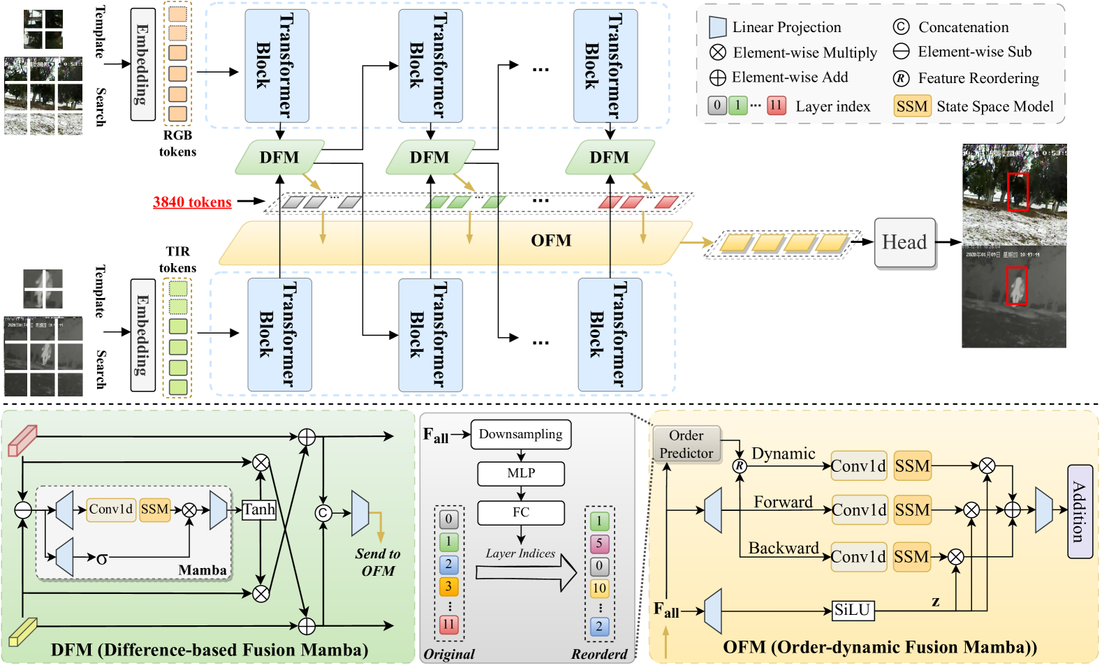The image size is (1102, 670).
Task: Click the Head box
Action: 904,242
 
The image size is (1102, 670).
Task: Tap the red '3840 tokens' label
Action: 192,202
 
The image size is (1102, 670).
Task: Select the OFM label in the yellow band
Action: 551,241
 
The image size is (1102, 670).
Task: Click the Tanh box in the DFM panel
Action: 259,509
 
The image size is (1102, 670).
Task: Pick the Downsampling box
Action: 521,434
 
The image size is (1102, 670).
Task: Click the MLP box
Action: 521,473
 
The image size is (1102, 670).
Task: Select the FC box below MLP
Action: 521,512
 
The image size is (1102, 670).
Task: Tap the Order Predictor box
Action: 686,444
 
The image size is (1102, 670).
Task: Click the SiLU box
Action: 853,611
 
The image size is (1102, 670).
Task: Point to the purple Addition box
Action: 1080,512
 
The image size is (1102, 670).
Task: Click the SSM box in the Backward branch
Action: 912,557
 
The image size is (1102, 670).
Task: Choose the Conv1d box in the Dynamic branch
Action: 858,466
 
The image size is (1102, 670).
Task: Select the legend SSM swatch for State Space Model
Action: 912,106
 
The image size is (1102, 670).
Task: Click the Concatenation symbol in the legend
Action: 901,27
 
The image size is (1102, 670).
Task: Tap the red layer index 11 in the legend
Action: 776,105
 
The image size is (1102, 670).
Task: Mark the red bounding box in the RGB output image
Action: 1017,191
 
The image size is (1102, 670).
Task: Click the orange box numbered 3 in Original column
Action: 448,587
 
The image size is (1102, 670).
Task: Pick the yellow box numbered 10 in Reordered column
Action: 599,588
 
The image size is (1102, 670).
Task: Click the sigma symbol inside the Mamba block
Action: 102,558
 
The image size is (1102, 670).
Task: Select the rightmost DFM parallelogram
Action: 610,158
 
